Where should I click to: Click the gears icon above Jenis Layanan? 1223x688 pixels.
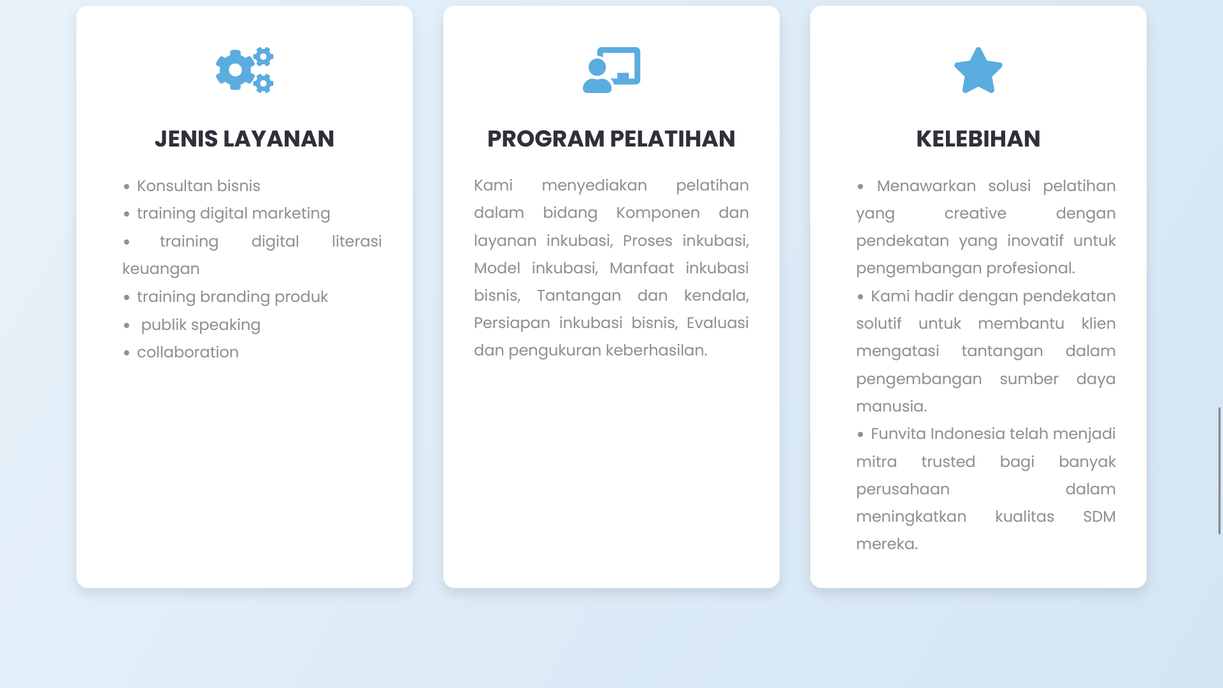click(x=245, y=70)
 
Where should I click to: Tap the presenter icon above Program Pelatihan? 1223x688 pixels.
click(x=611, y=70)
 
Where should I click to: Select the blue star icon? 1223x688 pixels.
click(x=978, y=71)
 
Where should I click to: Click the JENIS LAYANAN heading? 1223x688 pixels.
click(x=245, y=139)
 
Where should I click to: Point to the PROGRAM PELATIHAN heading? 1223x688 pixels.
click(x=611, y=139)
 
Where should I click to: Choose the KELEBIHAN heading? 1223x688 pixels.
click(x=978, y=139)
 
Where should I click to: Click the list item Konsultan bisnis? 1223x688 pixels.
click(x=198, y=186)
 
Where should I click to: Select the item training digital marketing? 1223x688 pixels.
click(x=233, y=213)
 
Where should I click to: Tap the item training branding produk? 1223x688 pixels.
click(x=232, y=297)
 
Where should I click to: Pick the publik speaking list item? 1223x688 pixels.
click(x=200, y=325)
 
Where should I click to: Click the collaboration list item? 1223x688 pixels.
click(x=187, y=352)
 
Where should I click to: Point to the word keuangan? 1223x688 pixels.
click(x=161, y=269)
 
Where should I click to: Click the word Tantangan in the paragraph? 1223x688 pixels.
click(x=578, y=296)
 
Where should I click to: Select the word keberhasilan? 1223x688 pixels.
click(x=655, y=350)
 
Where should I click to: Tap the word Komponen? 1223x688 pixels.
click(x=657, y=213)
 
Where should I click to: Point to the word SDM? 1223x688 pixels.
click(x=1099, y=517)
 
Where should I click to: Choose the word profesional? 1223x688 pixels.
click(x=1030, y=268)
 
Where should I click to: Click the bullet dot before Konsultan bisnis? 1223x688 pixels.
click(x=127, y=187)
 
